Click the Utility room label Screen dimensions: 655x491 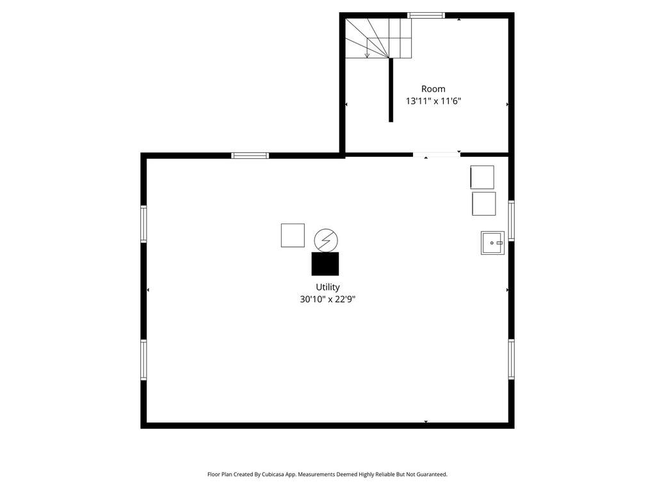coord(328,287)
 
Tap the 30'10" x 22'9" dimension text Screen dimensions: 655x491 coord(328,299)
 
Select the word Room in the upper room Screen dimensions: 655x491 coord(433,88)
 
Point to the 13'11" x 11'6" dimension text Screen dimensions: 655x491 coord(433,101)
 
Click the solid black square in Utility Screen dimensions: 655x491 coord(325,264)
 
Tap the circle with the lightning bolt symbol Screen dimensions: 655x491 coord(326,240)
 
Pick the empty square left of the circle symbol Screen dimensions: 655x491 coord(293,236)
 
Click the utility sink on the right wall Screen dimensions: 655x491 coord(492,243)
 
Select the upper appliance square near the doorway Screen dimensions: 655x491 coord(482,177)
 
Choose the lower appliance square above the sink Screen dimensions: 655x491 coord(484,204)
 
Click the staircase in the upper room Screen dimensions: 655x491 coord(378,38)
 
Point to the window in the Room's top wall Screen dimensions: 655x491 coord(426,15)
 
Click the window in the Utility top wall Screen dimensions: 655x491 coord(250,156)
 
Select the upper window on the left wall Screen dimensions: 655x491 coord(143,224)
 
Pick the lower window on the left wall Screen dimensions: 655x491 coord(143,360)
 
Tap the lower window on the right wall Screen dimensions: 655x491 coord(512,360)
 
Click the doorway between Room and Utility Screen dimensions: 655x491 coord(437,154)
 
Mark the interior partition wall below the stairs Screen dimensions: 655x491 coord(391,90)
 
